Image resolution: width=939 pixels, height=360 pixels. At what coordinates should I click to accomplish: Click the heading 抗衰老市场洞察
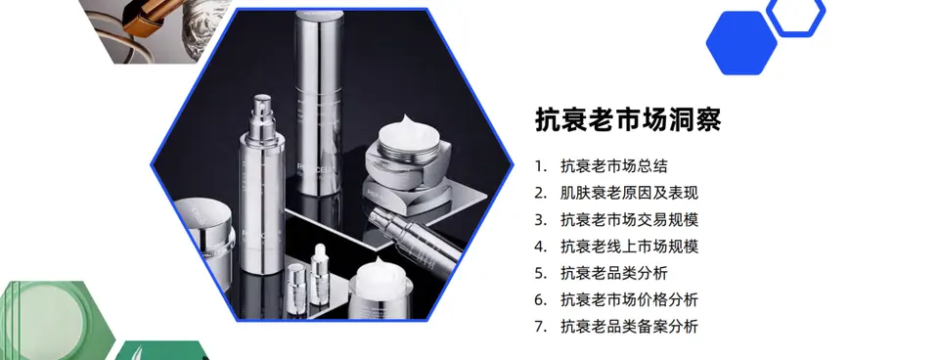coord(628,119)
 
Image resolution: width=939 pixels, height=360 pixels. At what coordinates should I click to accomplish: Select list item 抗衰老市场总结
coord(614,166)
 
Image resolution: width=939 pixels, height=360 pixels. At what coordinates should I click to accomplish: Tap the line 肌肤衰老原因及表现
coord(629,193)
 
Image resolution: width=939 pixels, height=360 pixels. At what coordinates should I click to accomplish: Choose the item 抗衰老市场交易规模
coord(629,220)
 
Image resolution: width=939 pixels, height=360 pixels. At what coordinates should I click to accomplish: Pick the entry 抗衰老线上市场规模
coord(629,247)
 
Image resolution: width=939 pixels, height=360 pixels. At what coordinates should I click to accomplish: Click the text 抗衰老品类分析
coord(614,273)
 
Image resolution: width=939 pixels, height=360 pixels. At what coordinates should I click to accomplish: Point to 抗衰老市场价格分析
coord(629,299)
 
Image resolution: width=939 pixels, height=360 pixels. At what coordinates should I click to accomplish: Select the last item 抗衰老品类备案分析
coord(629,327)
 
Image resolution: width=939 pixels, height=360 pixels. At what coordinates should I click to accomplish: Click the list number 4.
coord(541,247)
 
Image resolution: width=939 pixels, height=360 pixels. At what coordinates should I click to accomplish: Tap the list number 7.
coord(541,327)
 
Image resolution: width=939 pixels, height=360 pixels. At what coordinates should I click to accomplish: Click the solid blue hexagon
coord(741,43)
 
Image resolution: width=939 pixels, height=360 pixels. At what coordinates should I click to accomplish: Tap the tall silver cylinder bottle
coord(318,102)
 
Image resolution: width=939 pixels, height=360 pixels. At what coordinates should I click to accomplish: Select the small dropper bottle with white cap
coord(319,278)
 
